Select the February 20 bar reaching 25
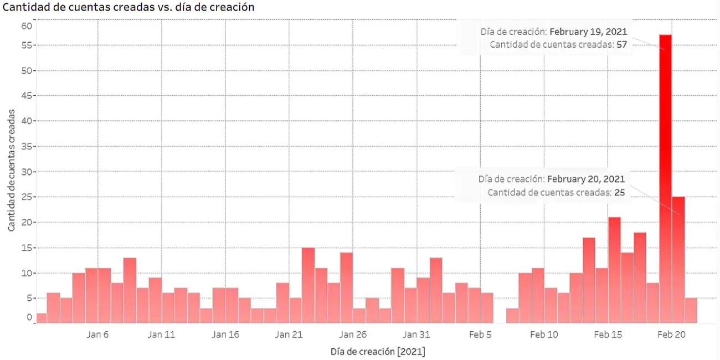(x=678, y=260)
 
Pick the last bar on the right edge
(x=691, y=310)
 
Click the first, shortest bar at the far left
(x=42, y=318)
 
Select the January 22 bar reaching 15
(x=308, y=285)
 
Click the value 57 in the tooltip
(x=621, y=45)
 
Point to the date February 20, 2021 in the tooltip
(x=586, y=179)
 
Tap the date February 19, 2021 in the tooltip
(x=588, y=32)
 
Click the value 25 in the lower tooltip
(x=619, y=192)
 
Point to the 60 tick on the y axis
(x=27, y=25)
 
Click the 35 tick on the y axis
(x=27, y=146)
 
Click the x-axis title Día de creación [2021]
(x=378, y=352)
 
